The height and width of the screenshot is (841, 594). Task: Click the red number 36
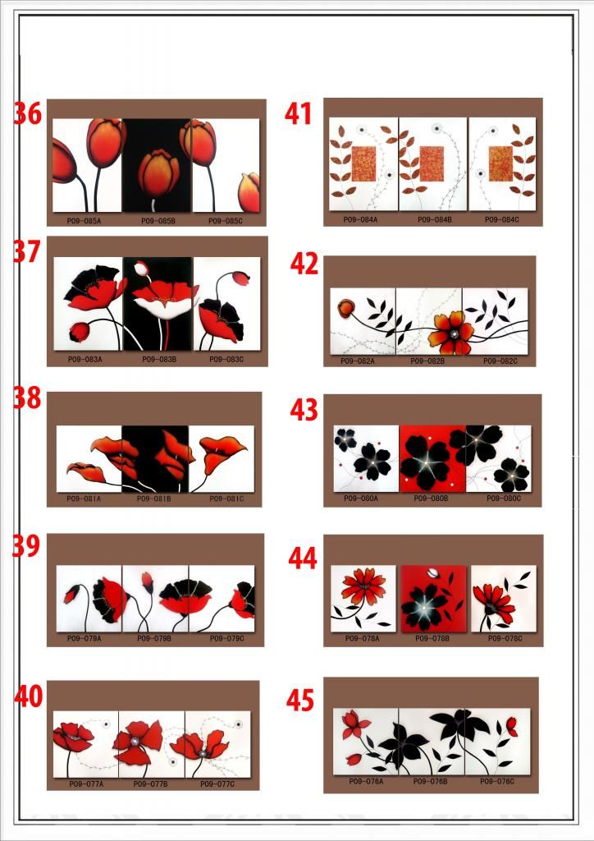(28, 114)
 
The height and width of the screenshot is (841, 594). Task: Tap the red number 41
(299, 114)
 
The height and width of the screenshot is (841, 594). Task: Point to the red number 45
(300, 701)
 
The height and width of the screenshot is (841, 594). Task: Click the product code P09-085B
(158, 220)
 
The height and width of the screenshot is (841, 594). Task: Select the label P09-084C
(501, 219)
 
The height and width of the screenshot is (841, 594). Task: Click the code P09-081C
(226, 499)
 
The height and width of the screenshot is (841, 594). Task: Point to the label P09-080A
(361, 498)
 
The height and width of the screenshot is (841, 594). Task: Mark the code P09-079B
(154, 638)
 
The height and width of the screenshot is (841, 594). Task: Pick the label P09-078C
(504, 638)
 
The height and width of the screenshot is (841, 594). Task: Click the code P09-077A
(86, 784)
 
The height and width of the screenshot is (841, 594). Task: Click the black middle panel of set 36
(157, 166)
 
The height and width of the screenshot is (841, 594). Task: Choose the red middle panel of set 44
(433, 598)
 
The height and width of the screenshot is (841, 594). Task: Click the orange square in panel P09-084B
(432, 163)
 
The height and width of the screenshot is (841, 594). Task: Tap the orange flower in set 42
(450, 332)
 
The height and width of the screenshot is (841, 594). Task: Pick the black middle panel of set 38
(155, 458)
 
